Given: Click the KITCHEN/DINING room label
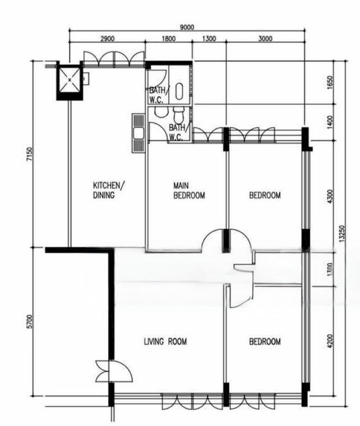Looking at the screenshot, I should [107, 190].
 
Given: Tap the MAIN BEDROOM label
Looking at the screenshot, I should [189, 190].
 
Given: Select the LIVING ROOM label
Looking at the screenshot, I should [165, 342].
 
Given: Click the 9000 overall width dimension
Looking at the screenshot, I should [187, 27].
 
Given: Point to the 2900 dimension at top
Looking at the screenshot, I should [107, 39].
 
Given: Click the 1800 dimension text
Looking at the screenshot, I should [168, 39].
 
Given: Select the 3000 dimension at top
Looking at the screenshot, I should [265, 39].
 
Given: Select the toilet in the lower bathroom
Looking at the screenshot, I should [179, 116].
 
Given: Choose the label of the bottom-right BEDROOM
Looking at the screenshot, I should [265, 342].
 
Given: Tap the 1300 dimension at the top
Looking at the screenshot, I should [209, 39].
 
